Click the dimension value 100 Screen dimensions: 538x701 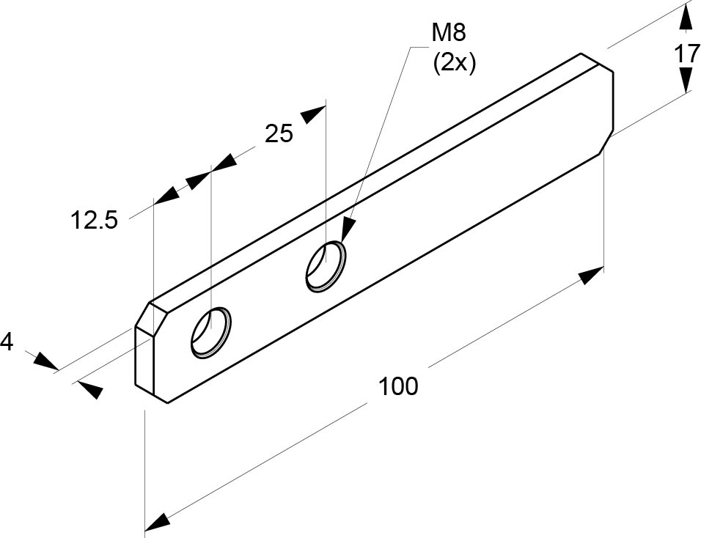[398, 386]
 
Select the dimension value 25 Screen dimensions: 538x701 [279, 133]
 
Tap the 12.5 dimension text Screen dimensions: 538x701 [95, 220]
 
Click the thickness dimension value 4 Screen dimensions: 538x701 [7, 342]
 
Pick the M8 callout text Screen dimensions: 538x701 [449, 33]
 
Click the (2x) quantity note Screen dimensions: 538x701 [455, 64]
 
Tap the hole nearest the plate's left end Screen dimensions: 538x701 [211, 332]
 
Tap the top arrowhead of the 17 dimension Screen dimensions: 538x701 [685, 17]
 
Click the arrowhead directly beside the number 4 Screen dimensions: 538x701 [45, 361]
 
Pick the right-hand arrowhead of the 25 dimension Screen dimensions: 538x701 [312, 114]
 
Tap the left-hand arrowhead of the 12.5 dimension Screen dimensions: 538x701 [167, 194]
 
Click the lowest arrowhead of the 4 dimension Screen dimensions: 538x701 [90, 389]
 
